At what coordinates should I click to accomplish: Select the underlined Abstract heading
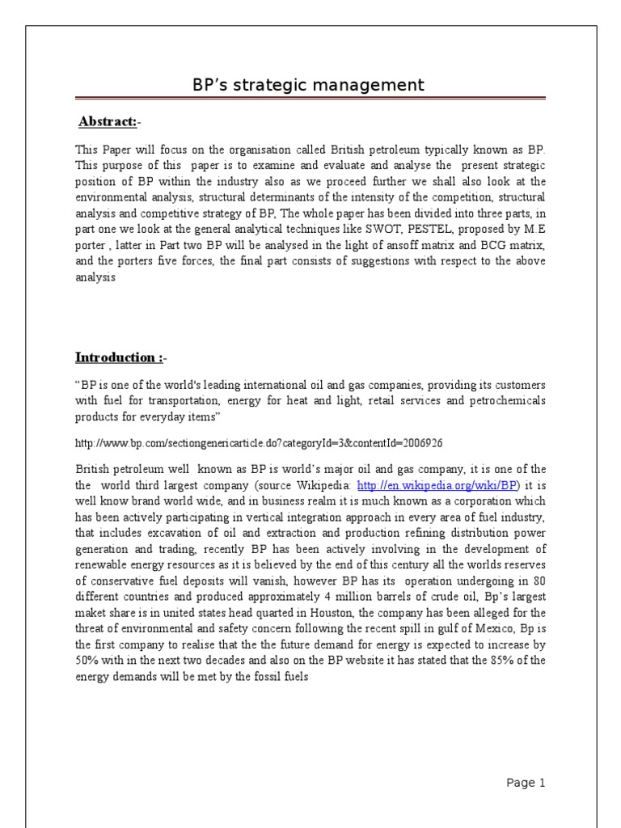point(107,121)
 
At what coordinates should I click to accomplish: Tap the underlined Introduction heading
point(116,357)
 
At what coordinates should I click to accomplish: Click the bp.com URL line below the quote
point(260,444)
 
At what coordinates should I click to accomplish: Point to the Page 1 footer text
point(526,782)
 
